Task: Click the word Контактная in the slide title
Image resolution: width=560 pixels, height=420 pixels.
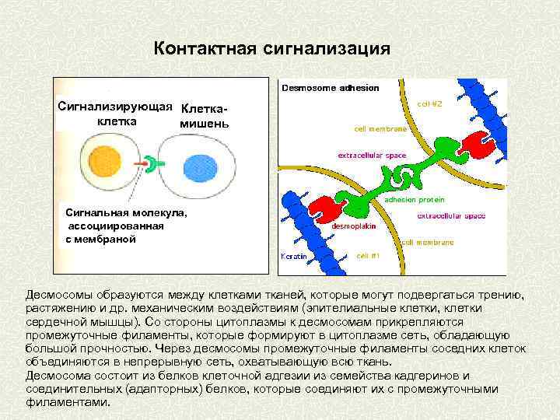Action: [x=204, y=49]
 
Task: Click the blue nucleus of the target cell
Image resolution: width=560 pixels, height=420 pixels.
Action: [x=200, y=166]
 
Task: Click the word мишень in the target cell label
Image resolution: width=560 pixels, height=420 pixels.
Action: [x=204, y=124]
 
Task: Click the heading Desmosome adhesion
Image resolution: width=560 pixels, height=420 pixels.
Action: [x=331, y=87]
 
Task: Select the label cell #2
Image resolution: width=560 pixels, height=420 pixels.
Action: [x=429, y=102]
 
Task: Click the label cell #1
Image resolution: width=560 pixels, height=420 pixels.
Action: [x=368, y=255]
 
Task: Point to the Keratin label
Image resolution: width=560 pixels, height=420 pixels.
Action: [x=293, y=255]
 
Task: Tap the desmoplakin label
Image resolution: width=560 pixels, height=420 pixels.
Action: [x=354, y=226]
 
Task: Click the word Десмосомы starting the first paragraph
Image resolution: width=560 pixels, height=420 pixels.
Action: [x=59, y=296]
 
